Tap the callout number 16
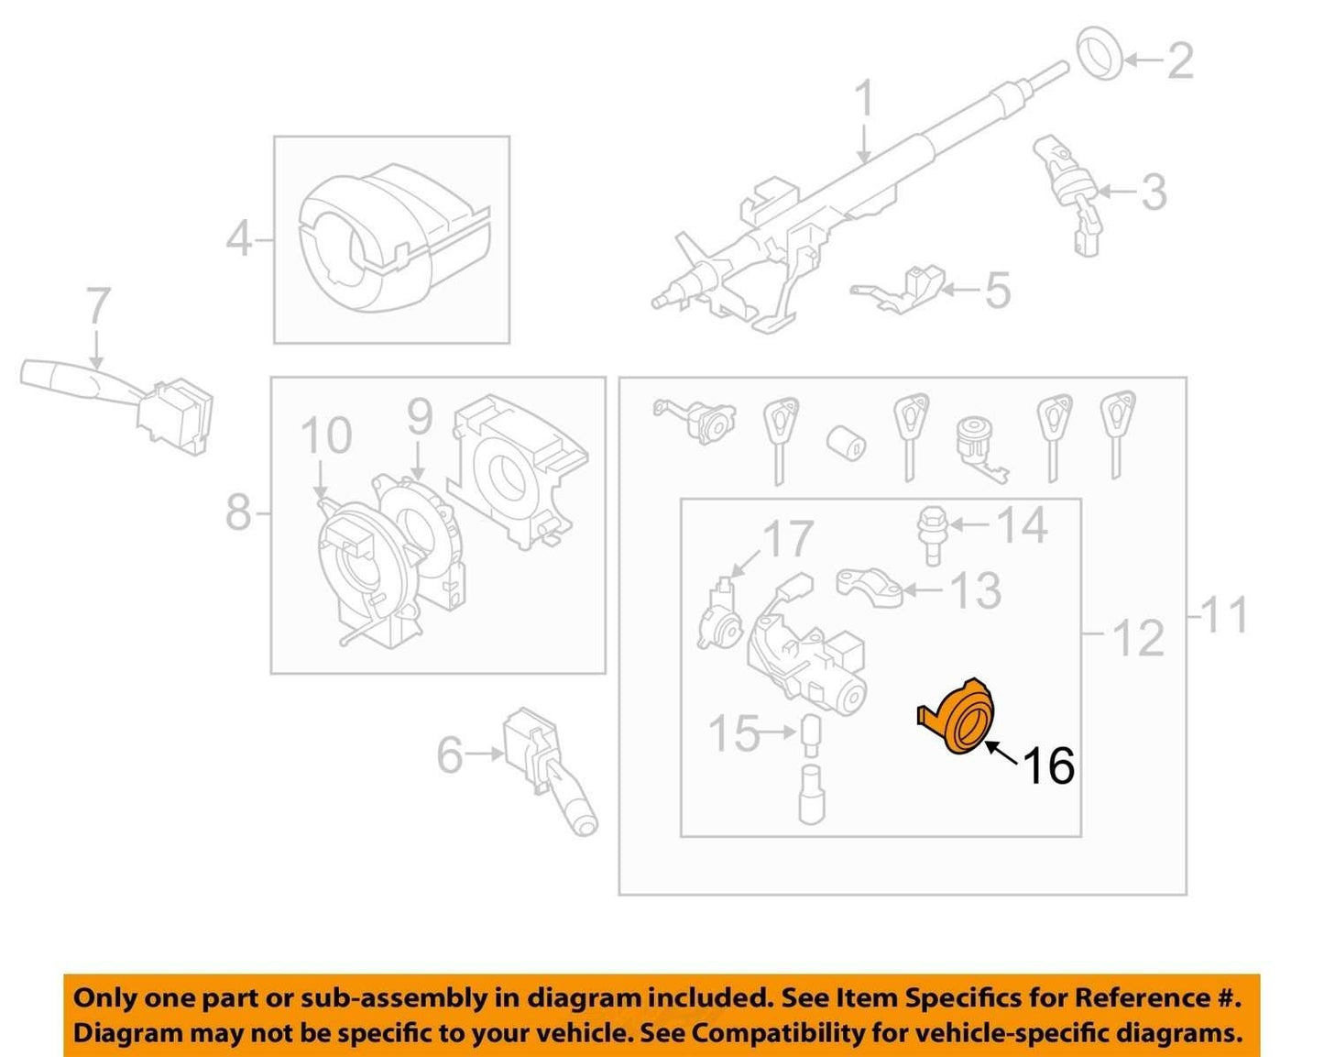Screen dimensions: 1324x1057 [1049, 765]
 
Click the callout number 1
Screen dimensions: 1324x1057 [864, 98]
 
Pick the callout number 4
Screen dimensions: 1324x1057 [239, 239]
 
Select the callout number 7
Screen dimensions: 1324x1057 [98, 305]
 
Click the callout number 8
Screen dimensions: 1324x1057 [239, 512]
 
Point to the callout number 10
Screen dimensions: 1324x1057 [326, 435]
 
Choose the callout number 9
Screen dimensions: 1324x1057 [421, 417]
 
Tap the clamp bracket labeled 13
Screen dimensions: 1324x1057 [870, 587]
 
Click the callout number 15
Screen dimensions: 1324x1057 [734, 732]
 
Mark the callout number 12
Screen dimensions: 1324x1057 [1139, 638]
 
